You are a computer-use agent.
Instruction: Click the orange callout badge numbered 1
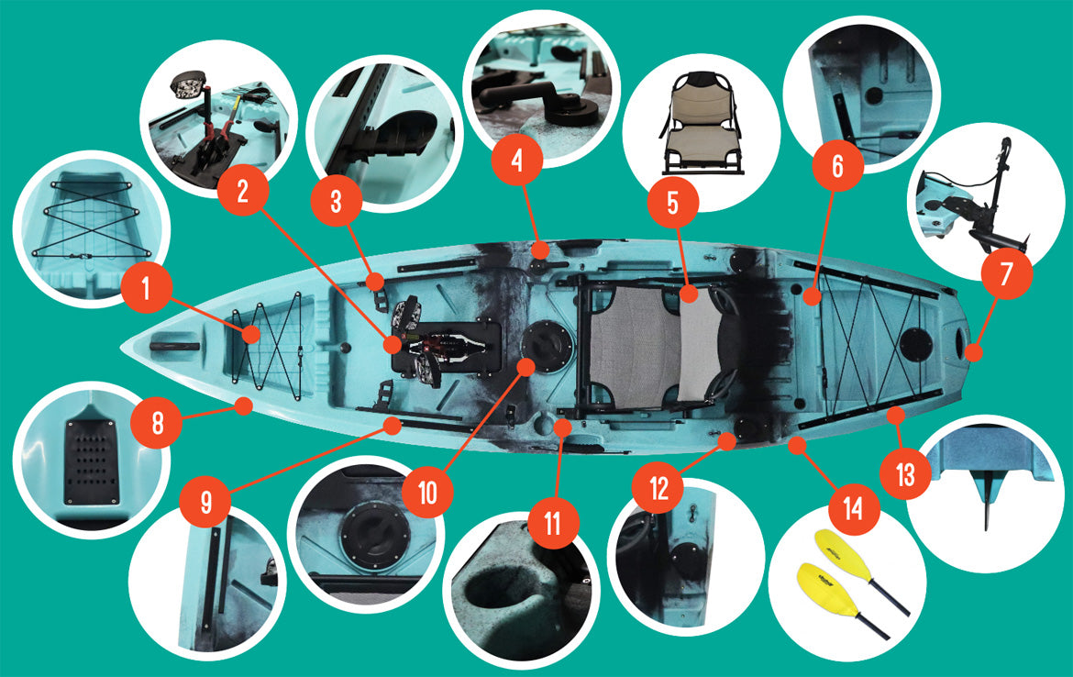pos(146,288)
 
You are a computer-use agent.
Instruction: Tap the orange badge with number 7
pos(1006,273)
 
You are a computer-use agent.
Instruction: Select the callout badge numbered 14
pos(853,508)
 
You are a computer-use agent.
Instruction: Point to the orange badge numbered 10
pos(427,492)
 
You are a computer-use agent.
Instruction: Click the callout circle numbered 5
pos(672,204)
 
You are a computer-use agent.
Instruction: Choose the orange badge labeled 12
pos(658,489)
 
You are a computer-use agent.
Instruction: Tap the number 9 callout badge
pos(206,503)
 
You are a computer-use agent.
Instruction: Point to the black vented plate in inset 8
pos(91,463)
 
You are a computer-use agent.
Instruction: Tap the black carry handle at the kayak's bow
pos(174,347)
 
